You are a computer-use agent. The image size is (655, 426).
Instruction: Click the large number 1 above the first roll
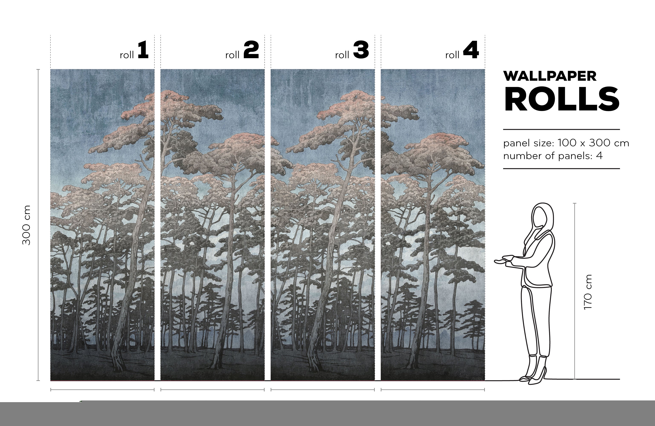tap(143, 50)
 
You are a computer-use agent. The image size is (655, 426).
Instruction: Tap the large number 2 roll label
tap(251, 50)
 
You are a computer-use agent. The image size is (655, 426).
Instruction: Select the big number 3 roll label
tap(361, 50)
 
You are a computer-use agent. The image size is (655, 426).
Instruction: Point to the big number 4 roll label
tap(471, 50)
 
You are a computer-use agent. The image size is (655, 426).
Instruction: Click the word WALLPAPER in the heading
tap(550, 76)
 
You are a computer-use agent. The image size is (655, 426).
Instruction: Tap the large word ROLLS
tap(562, 99)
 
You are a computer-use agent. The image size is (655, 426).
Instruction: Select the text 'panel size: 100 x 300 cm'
tap(566, 143)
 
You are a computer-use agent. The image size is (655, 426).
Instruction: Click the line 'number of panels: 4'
tap(553, 156)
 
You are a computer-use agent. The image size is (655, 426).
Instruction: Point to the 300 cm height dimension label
tap(27, 225)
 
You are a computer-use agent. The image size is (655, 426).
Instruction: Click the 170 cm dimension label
tap(588, 292)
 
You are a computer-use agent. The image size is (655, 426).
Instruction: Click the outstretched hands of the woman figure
tap(504, 260)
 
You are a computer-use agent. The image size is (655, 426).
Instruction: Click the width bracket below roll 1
tap(102, 389)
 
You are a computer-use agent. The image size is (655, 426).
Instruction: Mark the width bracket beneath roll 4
tap(433, 389)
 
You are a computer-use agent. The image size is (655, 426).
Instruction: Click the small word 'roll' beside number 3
tap(342, 55)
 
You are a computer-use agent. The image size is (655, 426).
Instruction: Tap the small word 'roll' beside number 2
tap(232, 55)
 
